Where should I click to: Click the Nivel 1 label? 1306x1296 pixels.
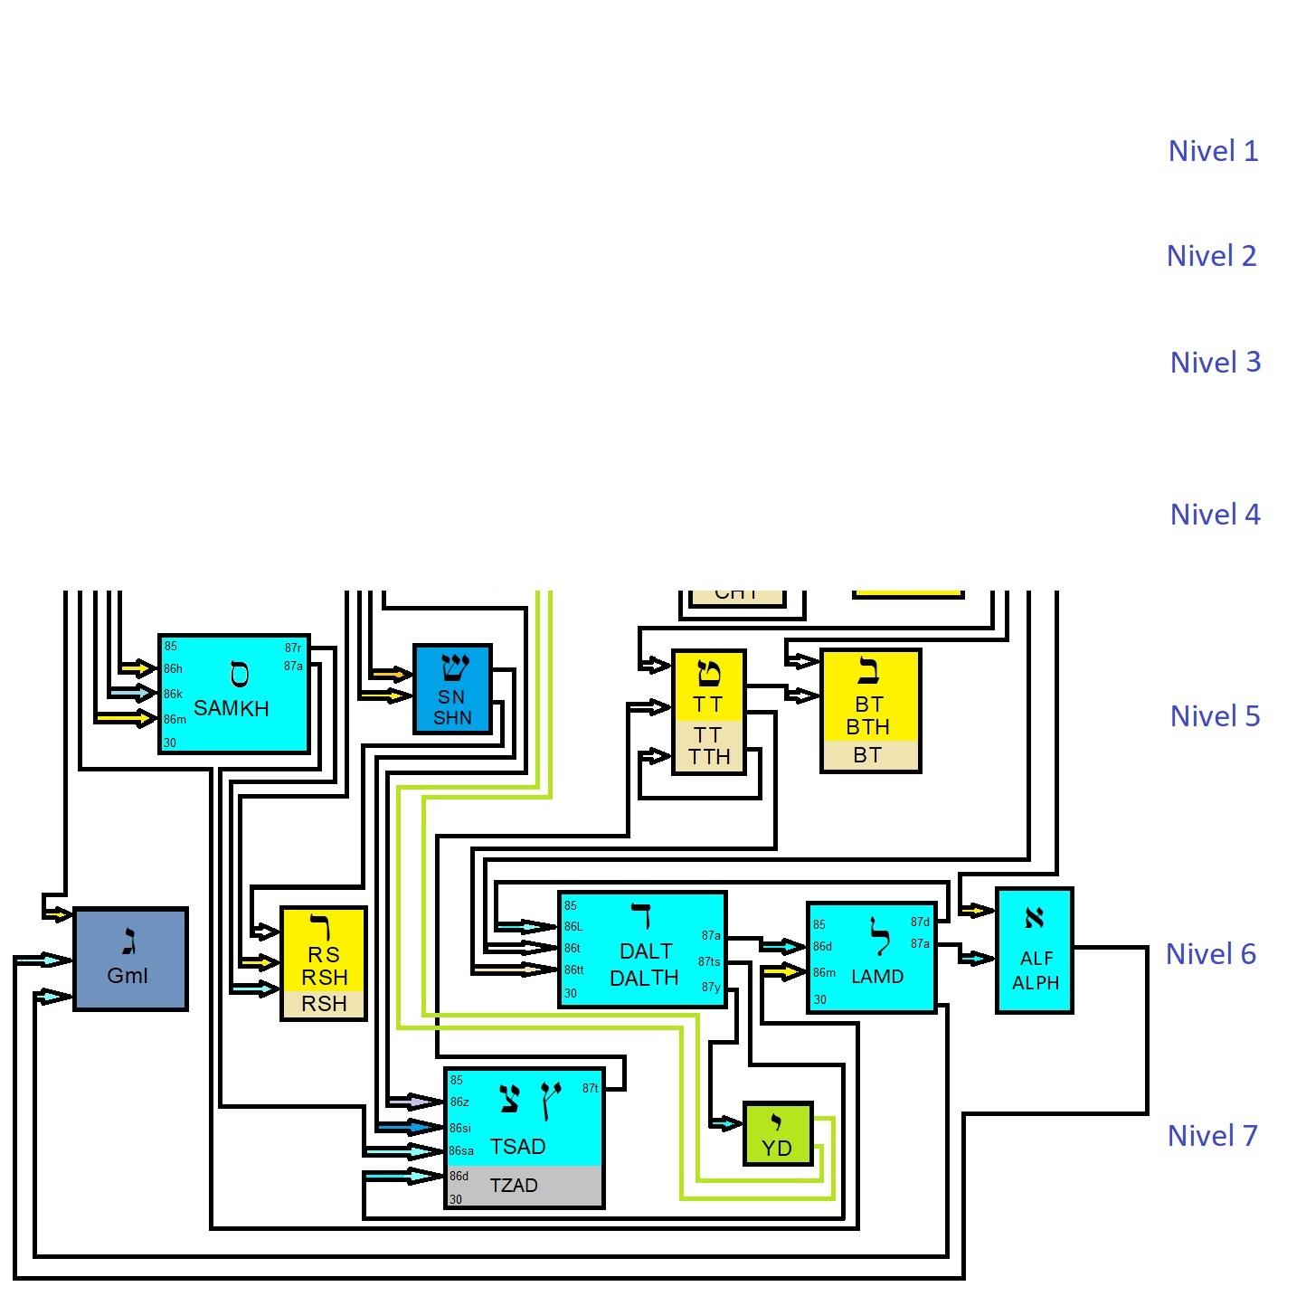click(1213, 151)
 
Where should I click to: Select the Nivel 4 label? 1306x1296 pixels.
click(1215, 515)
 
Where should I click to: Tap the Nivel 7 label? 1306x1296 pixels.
click(1212, 1136)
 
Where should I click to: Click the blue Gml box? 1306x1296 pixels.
click(130, 959)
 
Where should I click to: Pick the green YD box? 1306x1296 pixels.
click(777, 1134)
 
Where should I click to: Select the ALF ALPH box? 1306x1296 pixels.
click(1035, 951)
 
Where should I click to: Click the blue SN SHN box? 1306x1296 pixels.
click(452, 689)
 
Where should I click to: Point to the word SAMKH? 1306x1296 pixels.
click(232, 708)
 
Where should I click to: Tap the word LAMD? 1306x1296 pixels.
click(877, 977)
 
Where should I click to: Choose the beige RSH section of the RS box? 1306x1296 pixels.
click(324, 1004)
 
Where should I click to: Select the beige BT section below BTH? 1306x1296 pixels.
click(869, 755)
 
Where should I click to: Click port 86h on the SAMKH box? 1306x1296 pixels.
click(173, 669)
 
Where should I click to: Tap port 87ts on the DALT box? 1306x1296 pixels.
click(709, 961)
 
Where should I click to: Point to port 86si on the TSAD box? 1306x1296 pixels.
click(460, 1129)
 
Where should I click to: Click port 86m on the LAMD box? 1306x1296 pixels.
click(824, 973)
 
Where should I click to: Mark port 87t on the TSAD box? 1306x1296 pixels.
click(590, 1089)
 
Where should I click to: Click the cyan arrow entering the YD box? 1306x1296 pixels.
click(725, 1124)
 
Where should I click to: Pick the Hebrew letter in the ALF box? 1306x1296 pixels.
click(1035, 919)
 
